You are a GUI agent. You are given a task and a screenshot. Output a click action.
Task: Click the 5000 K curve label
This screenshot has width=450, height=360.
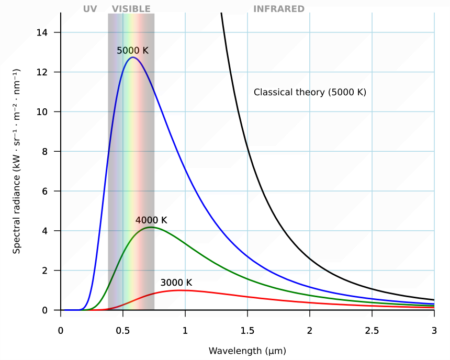click(132, 51)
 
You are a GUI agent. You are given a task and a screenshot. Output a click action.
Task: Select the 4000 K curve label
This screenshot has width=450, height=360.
click(151, 220)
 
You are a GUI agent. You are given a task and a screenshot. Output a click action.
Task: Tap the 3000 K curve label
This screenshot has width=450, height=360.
click(176, 283)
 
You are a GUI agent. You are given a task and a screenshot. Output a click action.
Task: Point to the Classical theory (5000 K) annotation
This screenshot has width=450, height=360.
click(310, 92)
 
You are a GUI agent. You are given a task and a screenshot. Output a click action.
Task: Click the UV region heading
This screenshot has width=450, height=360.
click(90, 9)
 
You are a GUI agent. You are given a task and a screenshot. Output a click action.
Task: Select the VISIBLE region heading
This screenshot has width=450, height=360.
click(131, 9)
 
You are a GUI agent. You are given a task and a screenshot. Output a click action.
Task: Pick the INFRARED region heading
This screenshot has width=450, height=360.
click(279, 9)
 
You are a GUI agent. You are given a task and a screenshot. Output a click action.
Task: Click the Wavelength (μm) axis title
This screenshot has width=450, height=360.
click(248, 351)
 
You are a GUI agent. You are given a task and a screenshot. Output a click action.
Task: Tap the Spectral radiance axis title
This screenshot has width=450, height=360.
click(17, 161)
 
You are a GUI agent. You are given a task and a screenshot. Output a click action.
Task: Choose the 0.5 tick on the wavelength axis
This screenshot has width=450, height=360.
click(123, 331)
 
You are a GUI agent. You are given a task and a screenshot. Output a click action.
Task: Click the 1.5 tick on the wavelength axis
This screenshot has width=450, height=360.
click(248, 331)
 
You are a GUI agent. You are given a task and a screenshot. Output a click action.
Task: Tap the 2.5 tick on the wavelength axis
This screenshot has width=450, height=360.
click(372, 331)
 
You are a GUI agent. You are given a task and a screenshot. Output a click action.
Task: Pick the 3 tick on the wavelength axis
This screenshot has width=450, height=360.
click(434, 331)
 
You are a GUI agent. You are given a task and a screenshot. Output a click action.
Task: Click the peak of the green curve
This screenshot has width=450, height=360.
click(151, 227)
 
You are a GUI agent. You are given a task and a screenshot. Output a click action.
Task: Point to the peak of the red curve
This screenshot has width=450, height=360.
click(181, 290)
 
